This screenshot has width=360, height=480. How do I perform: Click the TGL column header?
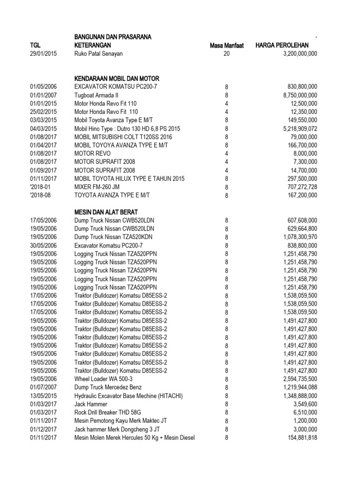point(36,45)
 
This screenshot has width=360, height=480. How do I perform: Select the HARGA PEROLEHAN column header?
point(285,45)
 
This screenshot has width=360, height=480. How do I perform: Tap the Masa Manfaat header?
point(226,45)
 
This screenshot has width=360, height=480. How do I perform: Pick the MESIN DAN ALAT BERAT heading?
point(105,212)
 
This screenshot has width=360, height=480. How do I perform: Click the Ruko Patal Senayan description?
point(98,54)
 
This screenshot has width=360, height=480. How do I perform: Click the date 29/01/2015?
point(44,54)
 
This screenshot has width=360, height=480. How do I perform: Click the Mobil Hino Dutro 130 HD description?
point(127,128)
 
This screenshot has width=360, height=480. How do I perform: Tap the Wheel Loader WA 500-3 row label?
point(103,379)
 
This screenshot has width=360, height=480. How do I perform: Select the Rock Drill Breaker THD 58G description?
point(110,412)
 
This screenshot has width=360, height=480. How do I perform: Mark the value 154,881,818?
point(297,437)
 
